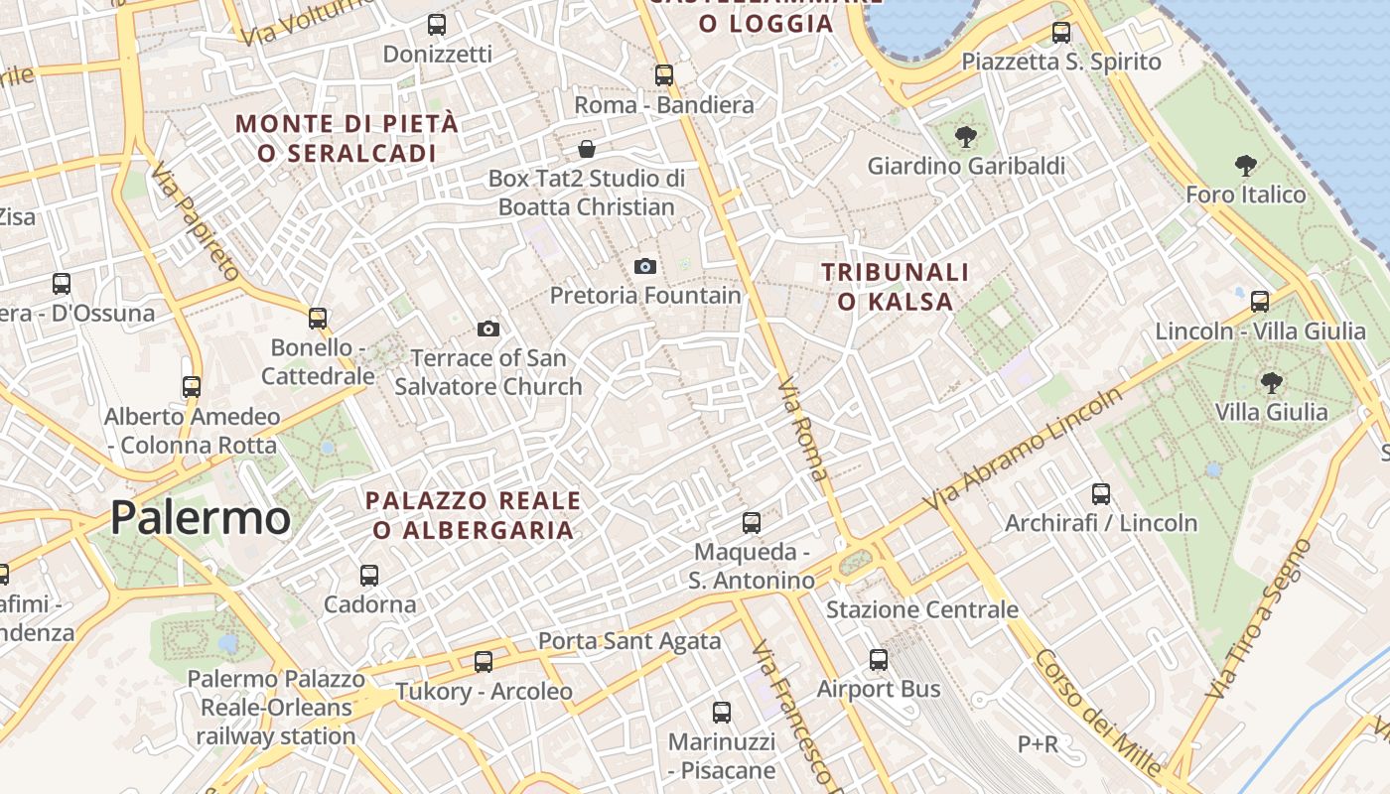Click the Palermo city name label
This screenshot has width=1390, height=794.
click(200, 518)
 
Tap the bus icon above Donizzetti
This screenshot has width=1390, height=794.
click(437, 25)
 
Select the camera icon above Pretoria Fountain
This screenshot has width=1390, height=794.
click(645, 266)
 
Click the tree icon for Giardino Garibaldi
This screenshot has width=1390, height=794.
click(965, 137)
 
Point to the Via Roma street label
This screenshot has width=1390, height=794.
click(802, 429)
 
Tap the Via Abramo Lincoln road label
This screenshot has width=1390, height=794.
click(1025, 449)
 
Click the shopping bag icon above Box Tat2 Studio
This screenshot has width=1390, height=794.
click(587, 150)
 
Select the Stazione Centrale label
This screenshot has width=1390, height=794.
click(921, 609)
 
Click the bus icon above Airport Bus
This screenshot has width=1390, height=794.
click(879, 660)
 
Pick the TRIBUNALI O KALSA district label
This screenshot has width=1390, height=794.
click(896, 286)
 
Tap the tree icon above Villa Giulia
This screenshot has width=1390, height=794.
click(1271, 382)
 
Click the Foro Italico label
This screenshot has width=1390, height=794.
click(1246, 195)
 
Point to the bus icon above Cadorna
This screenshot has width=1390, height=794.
click(369, 575)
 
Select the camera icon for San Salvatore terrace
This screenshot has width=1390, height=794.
click(488, 329)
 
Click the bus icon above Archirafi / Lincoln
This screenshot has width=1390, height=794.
click(1101, 493)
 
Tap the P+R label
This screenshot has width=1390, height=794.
click(1038, 743)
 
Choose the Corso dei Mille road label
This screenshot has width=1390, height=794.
click(1097, 713)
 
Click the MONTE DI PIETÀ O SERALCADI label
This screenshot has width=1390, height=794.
click(347, 138)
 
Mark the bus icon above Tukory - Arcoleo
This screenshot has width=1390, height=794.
click(484, 661)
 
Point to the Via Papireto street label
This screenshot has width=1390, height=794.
click(195, 222)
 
